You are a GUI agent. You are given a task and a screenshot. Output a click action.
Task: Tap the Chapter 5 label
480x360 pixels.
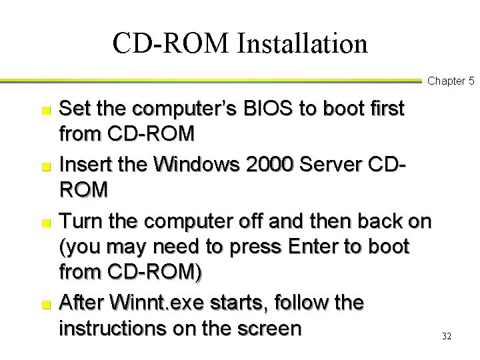[450, 81]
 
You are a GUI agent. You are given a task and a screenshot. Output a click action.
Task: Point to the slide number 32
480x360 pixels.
[447, 337]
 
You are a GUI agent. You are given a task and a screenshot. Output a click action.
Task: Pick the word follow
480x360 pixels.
[299, 303]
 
